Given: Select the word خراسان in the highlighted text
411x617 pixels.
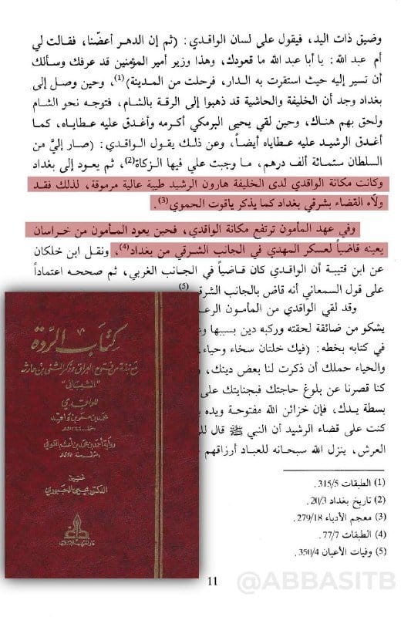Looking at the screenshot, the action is (379, 231).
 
